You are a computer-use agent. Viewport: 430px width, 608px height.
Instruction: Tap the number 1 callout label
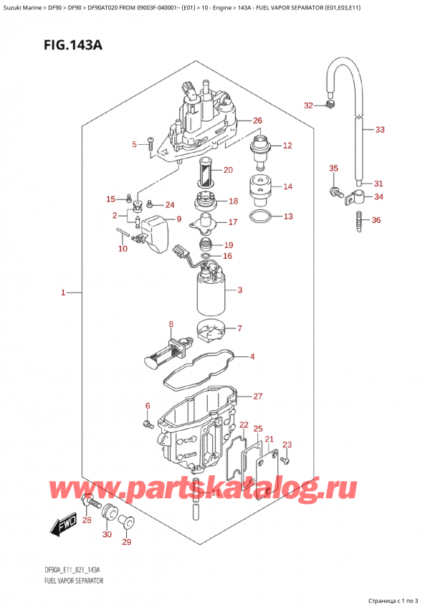coord(63,293)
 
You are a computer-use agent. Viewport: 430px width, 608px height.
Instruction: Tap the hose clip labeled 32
coord(330,107)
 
